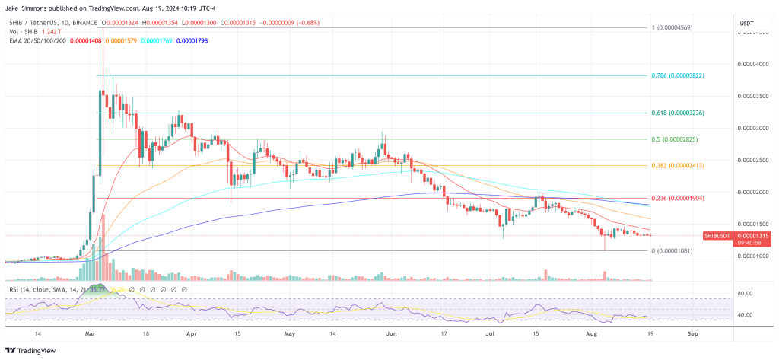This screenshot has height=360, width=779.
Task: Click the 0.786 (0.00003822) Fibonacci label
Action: point(679,76)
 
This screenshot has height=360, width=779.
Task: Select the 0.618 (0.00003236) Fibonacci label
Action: point(679,113)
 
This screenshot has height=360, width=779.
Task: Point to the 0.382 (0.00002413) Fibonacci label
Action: point(679,165)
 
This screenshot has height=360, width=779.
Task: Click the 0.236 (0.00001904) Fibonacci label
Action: point(679,198)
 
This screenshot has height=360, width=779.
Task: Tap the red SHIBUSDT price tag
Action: point(717,237)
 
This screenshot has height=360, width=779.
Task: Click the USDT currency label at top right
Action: point(746,24)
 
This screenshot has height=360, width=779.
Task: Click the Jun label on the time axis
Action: point(392,333)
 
